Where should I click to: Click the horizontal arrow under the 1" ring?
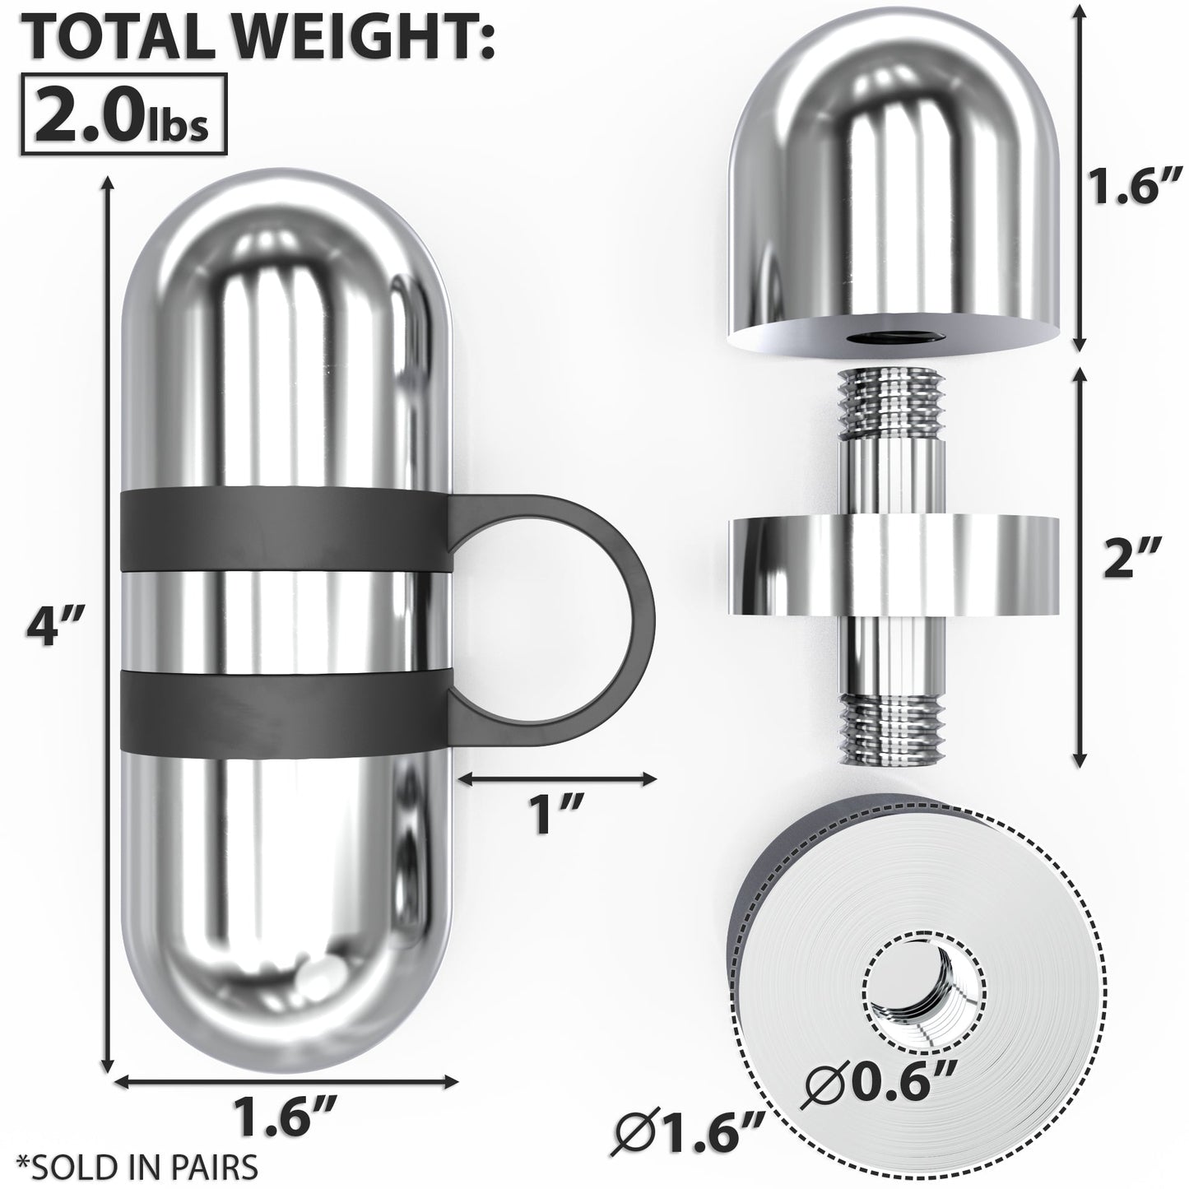[x=557, y=777]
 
